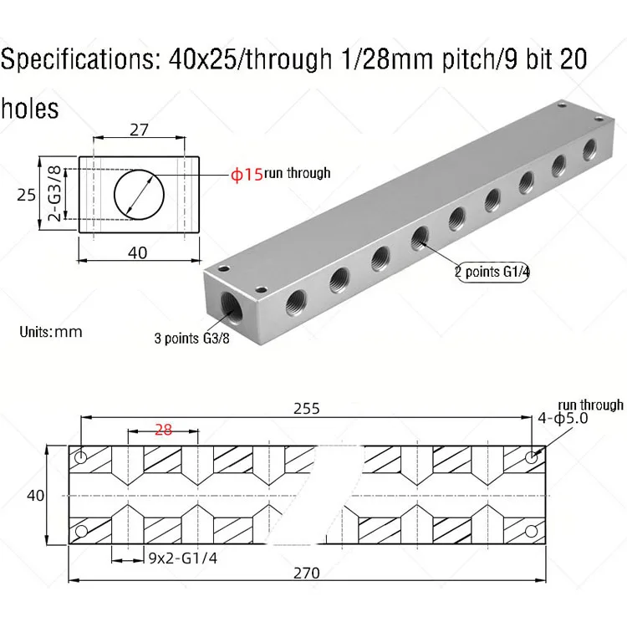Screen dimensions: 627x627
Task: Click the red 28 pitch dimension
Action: [x=163, y=430]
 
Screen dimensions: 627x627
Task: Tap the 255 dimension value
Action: [x=307, y=409]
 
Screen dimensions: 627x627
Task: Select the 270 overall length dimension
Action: [x=307, y=573]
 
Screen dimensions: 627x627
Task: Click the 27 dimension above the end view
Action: [x=139, y=130]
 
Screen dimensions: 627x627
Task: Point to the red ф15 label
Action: [x=247, y=175]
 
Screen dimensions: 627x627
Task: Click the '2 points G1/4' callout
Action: [x=492, y=272]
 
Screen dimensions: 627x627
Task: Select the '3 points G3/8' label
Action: [x=192, y=339]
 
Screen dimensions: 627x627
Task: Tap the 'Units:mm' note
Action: [x=51, y=332]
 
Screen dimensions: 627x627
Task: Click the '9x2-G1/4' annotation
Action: [x=183, y=558]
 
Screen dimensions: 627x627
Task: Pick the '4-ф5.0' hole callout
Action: [x=563, y=418]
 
